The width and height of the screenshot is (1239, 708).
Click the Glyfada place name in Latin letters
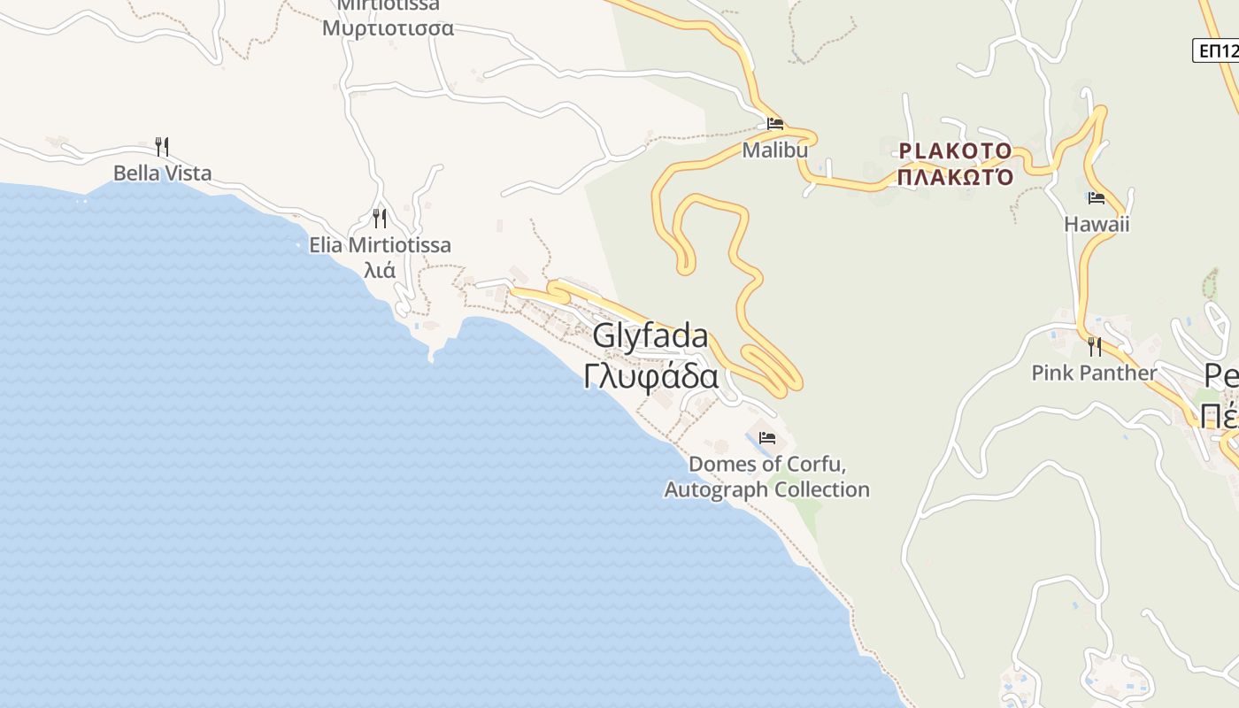[650, 336]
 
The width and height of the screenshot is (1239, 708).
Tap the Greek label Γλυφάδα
[650, 377]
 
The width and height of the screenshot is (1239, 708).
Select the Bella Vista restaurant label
[163, 173]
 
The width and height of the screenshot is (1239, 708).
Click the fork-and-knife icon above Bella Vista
[161, 146]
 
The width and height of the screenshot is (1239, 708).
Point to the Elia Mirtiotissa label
[380, 245]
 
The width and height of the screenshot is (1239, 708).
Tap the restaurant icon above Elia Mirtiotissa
[380, 218]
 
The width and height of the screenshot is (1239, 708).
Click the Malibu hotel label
[775, 150]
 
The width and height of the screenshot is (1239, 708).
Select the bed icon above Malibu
[775, 124]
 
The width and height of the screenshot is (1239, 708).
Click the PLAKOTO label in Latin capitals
[956, 150]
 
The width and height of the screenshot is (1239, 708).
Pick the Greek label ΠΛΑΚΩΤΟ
[956, 177]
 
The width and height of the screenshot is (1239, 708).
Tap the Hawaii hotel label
[1097, 224]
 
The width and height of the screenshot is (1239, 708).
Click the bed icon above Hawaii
[1097, 198]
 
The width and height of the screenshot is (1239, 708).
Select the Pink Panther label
[1094, 373]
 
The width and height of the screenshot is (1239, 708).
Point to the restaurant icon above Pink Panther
[1095, 346]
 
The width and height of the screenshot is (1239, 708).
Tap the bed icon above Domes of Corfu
[766, 438]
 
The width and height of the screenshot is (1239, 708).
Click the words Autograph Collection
[767, 489]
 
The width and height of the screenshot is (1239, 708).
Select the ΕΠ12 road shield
[1218, 50]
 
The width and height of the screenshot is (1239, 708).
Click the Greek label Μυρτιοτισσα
[388, 28]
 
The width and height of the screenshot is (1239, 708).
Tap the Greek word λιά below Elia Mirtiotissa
[380, 270]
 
